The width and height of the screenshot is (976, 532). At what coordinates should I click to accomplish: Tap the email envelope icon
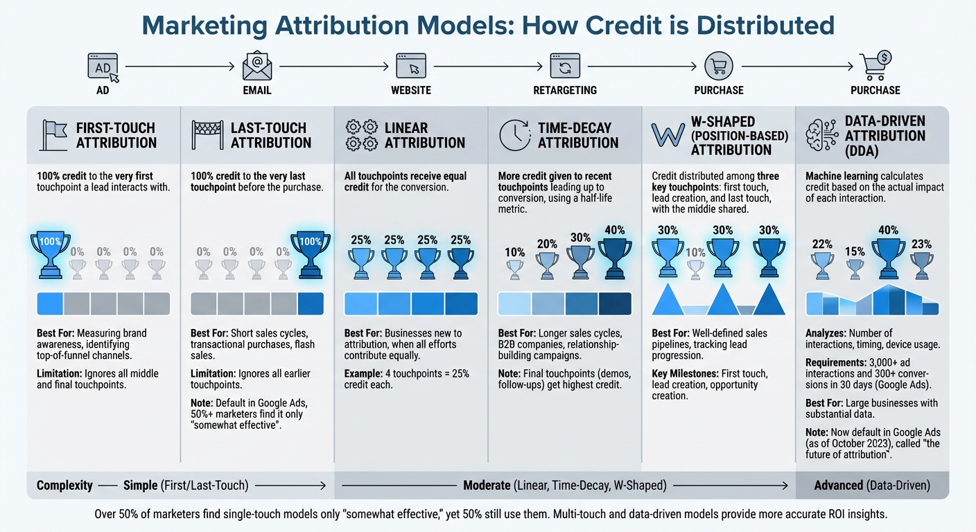click(x=256, y=66)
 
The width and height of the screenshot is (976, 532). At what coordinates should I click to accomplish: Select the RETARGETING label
click(x=565, y=90)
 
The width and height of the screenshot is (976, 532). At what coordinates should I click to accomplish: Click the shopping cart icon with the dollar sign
click(x=875, y=65)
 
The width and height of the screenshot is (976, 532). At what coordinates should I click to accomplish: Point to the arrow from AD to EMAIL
click(x=179, y=66)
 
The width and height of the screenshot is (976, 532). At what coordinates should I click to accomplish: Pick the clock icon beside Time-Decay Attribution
click(x=514, y=134)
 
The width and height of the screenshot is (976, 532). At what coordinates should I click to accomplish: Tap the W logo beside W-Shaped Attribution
click(x=668, y=134)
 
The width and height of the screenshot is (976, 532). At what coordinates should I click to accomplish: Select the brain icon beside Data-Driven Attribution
click(x=822, y=134)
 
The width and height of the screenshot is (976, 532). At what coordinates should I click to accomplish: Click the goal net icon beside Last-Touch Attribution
click(x=206, y=134)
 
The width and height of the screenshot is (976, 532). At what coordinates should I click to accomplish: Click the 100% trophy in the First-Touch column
click(x=50, y=255)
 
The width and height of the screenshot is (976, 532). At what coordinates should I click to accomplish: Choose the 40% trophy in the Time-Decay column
click(x=614, y=259)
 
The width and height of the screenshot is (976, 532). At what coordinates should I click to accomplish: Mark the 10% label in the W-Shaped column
click(x=695, y=253)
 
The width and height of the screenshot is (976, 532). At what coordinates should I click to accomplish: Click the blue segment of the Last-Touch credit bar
click(x=311, y=304)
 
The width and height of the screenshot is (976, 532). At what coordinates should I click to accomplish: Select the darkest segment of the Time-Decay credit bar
click(x=615, y=304)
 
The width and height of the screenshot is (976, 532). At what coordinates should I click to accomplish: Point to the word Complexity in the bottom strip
click(x=64, y=486)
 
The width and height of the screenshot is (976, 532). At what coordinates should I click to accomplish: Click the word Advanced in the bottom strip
click(x=839, y=486)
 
